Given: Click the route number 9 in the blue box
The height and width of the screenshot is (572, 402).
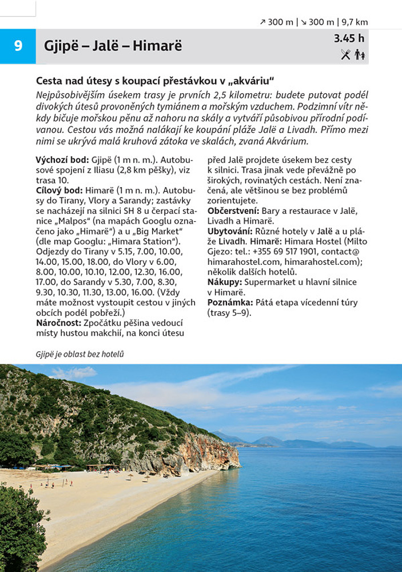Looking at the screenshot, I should click(18, 46).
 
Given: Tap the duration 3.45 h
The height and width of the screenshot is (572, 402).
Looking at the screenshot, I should click(349, 39).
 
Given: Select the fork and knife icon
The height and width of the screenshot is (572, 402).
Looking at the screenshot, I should click(345, 54).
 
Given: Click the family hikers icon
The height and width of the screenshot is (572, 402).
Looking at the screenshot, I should click(359, 54).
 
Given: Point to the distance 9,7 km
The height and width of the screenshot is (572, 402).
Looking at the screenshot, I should click(355, 22).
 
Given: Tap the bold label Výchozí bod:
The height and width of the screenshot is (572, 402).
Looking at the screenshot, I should click(62, 160).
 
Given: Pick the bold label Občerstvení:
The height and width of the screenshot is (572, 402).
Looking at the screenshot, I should click(233, 210).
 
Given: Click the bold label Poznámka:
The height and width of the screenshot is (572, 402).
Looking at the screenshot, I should click(231, 303).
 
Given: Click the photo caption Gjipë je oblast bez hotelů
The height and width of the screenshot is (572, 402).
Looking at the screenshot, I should click(79, 354).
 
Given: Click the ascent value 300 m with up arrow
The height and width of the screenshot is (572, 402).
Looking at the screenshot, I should click(277, 22).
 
